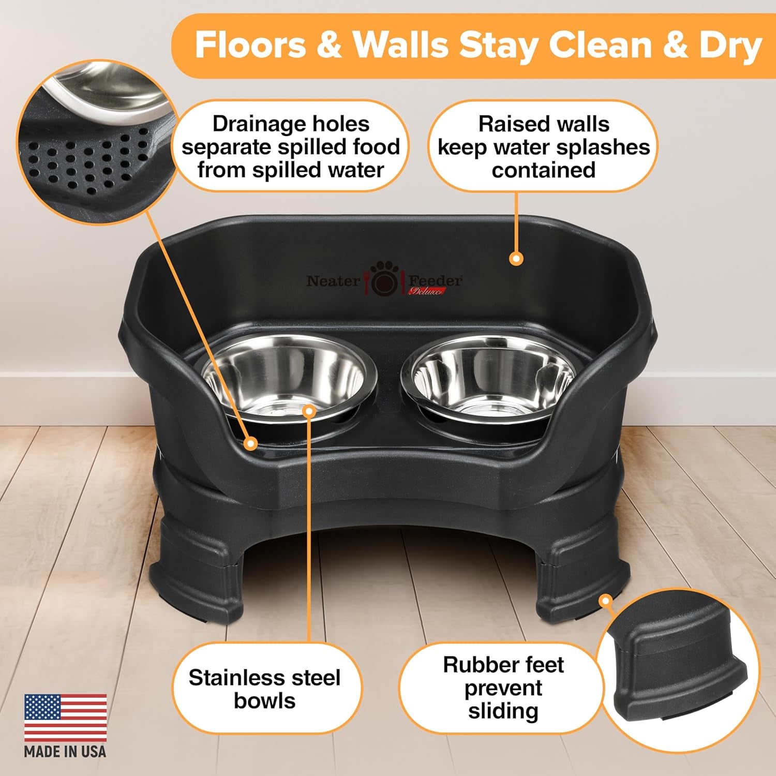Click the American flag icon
pos(65,718)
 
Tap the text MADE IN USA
pos(65,751)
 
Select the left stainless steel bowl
pos(290,375)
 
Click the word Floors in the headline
pos(250,46)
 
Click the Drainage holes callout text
pos(291,147)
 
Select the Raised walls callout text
pos(543,147)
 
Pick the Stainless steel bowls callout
pos(264,689)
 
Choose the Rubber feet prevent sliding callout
pos(503,688)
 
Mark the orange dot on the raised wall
pos(515,259)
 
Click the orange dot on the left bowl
pos(309,411)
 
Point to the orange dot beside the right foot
pos(605,601)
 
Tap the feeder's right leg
pos(579,569)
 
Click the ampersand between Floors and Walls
pos(329,46)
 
